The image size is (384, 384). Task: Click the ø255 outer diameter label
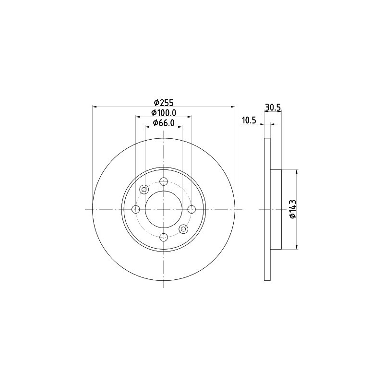point(163,102)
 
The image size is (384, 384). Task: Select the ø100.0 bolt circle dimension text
point(164,113)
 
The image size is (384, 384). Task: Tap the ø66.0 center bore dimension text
point(164,123)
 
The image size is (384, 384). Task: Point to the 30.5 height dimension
point(273,108)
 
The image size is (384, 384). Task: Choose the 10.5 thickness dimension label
point(249,120)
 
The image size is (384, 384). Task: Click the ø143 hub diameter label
point(293,209)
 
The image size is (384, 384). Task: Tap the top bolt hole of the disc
point(163,182)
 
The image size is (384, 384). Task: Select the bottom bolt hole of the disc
point(163,237)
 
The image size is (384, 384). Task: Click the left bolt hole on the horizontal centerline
point(136,209)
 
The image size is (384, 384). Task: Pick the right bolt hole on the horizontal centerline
point(191,209)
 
